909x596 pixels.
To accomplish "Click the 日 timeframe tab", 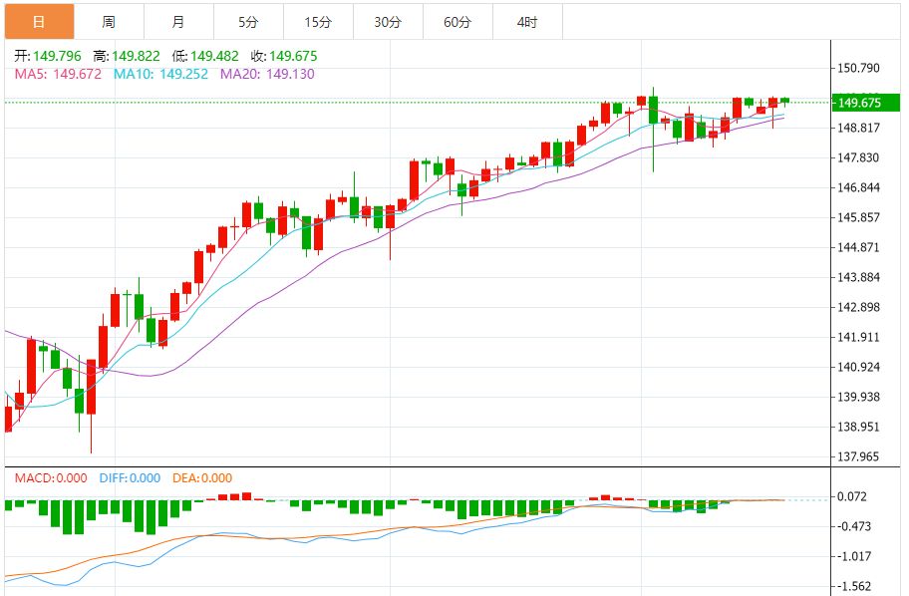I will tap(38, 21).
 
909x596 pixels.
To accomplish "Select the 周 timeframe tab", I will tap(108, 21).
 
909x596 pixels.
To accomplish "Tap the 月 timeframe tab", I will tap(177, 21).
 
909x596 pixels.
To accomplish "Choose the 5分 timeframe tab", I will tap(248, 21).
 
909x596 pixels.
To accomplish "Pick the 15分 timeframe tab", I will tap(318, 21).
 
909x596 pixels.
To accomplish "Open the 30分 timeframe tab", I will tap(388, 21).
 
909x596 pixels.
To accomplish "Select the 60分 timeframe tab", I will tap(457, 21).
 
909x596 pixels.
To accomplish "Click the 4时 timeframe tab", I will tap(527, 21).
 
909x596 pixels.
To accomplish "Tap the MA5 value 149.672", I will tap(77, 74).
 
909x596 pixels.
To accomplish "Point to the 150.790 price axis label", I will tap(859, 68).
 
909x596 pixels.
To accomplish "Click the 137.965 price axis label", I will tap(859, 456).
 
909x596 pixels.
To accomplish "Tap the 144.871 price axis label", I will tap(859, 247).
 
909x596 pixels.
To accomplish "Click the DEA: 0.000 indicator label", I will tap(202, 478).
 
